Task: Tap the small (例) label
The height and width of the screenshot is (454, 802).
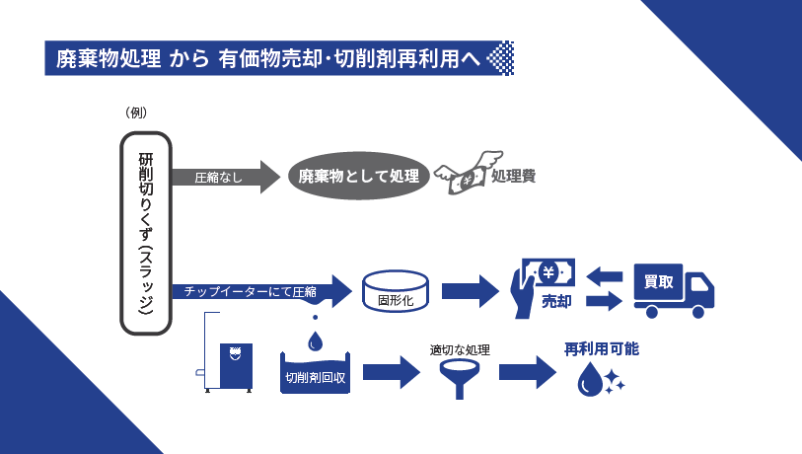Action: click(x=136, y=112)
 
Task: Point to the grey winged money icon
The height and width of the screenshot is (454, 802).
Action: click(x=461, y=176)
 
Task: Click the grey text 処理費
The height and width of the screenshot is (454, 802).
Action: click(x=513, y=178)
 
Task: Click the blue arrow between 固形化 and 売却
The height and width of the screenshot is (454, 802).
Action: click(x=468, y=290)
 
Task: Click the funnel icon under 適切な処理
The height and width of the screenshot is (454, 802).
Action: click(x=460, y=376)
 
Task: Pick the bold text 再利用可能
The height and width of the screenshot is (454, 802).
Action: click(x=602, y=348)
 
